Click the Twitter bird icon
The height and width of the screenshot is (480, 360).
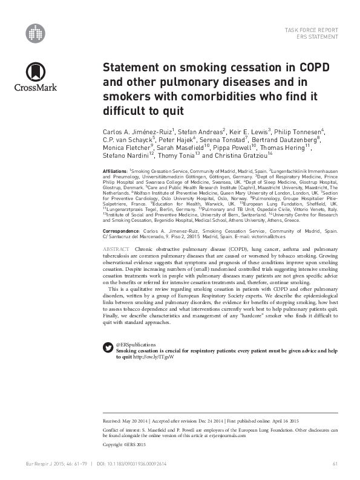pos(108,347)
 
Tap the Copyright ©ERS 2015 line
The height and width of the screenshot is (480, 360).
pos(125,444)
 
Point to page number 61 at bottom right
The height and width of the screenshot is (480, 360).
pos(335,464)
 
